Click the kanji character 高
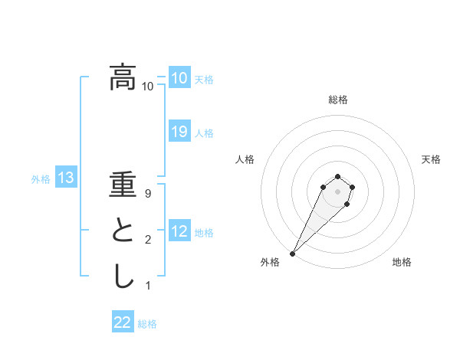point(123,77)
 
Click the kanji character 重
point(123,188)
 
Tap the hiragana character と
point(123,232)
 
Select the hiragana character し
point(123,276)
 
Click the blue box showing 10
point(179,77)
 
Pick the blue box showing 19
point(179,132)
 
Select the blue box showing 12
point(179,231)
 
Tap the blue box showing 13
point(65,178)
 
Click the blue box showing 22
point(123,322)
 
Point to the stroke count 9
point(148,195)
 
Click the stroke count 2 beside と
point(148,241)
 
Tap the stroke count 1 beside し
point(148,286)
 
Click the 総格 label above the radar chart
point(337,100)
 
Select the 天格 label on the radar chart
point(431,159)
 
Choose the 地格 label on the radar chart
point(402,262)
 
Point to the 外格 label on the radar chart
point(270,262)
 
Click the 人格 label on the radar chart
point(245,159)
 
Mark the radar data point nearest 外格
point(292,253)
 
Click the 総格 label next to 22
point(147,323)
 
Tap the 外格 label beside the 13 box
point(41,179)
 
